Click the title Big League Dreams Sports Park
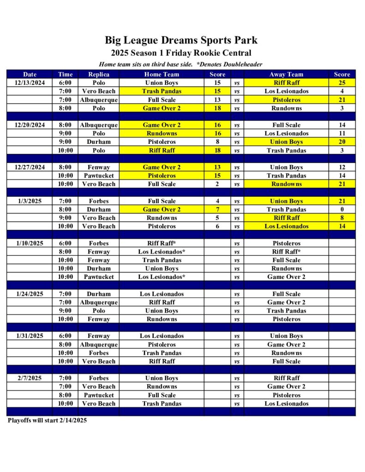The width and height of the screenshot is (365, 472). [181, 40]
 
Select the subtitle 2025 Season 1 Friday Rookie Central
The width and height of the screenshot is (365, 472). [181, 53]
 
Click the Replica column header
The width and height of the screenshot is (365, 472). [98, 74]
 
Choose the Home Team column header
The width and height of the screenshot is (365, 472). [162, 74]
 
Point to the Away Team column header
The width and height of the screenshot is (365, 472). [286, 74]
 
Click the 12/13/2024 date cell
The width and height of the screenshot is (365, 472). [30, 83]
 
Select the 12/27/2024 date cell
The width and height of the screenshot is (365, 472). [30, 167]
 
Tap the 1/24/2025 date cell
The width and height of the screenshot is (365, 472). [30, 294]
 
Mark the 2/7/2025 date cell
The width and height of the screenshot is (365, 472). [30, 378]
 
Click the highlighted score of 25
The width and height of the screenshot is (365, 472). [342, 83]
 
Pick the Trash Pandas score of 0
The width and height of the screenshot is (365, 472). [342, 209]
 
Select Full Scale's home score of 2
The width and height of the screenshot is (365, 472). [217, 184]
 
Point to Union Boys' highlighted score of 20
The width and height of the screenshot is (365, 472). [342, 142]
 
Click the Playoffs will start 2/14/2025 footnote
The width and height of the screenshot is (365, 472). [47, 420]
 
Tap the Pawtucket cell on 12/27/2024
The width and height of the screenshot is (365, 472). [98, 176]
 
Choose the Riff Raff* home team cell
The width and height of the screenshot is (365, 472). [162, 243]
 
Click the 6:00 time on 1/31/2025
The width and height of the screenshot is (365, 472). [65, 336]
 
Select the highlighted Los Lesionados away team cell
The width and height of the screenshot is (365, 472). [286, 226]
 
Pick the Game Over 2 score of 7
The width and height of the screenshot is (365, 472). [217, 209]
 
